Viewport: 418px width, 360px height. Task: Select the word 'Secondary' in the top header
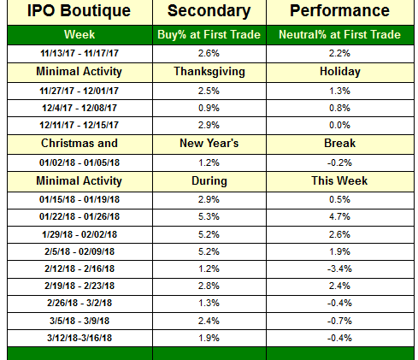click(x=209, y=11)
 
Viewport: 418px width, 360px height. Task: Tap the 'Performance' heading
click(x=339, y=11)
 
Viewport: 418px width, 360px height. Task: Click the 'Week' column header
click(x=79, y=34)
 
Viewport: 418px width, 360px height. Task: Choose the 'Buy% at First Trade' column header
click(x=209, y=35)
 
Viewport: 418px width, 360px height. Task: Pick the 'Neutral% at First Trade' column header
click(x=339, y=34)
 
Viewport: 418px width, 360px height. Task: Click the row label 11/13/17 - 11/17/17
click(x=79, y=53)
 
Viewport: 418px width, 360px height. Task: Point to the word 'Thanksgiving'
click(x=209, y=72)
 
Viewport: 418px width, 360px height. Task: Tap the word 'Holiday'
click(x=340, y=72)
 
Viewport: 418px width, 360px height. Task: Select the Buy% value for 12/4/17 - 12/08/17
click(x=209, y=108)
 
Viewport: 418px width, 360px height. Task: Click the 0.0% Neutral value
click(x=339, y=125)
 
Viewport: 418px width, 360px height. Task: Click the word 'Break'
click(x=339, y=143)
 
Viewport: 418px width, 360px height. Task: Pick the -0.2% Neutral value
click(x=339, y=162)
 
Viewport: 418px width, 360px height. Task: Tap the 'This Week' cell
click(x=339, y=180)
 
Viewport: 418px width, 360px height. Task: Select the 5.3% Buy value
click(x=209, y=216)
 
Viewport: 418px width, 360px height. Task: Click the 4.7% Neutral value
click(x=339, y=216)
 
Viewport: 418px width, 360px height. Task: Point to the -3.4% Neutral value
click(x=339, y=269)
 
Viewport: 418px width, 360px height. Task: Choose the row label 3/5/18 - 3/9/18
click(x=79, y=321)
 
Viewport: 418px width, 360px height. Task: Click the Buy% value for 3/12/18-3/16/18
click(x=209, y=338)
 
